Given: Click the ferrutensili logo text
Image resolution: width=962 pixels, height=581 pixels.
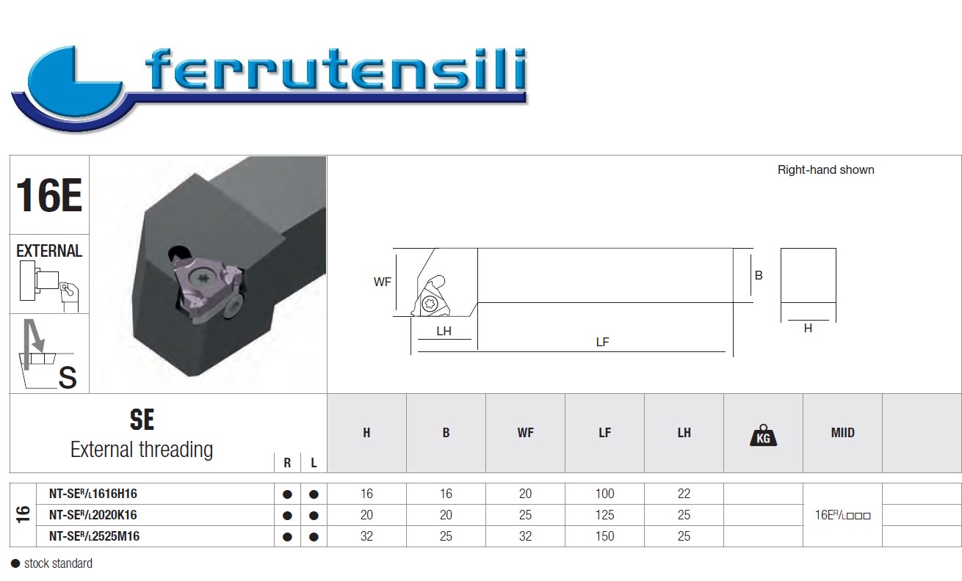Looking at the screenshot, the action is coord(336,70).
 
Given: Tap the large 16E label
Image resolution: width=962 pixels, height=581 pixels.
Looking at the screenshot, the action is coord(49,195).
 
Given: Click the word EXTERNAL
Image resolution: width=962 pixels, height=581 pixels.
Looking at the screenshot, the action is coord(49,251).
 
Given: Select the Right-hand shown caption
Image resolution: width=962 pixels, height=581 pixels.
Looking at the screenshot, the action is coord(825,170).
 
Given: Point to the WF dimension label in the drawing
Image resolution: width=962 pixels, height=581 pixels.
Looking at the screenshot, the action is coord(382,282).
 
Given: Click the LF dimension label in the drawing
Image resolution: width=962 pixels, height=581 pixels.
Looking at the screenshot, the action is coord(602,342).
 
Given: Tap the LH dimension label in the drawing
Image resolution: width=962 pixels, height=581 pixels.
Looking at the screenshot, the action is coord(444,332).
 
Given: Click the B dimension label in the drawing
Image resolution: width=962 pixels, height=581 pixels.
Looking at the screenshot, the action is coord(759,276).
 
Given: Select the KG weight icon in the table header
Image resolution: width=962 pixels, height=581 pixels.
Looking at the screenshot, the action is coord(763,435).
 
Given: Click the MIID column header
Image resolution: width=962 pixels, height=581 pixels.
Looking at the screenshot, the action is coord(842,433).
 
